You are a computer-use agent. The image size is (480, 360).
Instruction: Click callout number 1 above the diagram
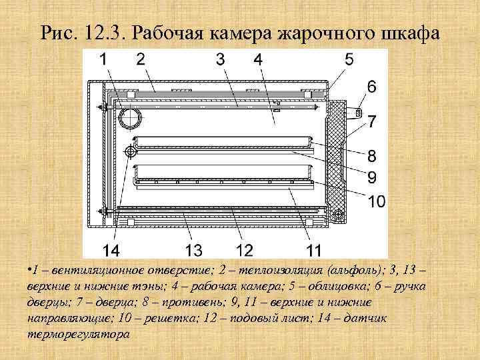click(x=105, y=59)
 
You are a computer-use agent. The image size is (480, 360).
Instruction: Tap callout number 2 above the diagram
click(x=141, y=59)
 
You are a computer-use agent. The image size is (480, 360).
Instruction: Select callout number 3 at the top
click(x=221, y=59)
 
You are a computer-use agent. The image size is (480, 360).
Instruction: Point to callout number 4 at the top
click(x=257, y=59)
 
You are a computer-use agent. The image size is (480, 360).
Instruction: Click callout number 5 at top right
click(x=349, y=59)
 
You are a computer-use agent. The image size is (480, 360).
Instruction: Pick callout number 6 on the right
click(x=371, y=87)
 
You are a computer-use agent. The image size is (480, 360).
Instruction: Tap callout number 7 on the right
click(x=371, y=122)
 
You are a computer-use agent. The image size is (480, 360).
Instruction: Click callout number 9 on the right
click(x=371, y=177)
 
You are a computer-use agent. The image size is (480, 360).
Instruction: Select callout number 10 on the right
click(x=377, y=201)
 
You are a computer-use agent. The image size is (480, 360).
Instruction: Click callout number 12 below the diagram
click(x=244, y=251)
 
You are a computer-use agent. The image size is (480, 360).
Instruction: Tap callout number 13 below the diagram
click(x=193, y=251)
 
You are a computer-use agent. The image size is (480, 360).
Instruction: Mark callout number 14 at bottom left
click(x=111, y=251)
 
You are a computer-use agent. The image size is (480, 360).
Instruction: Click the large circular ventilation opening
click(x=131, y=118)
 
